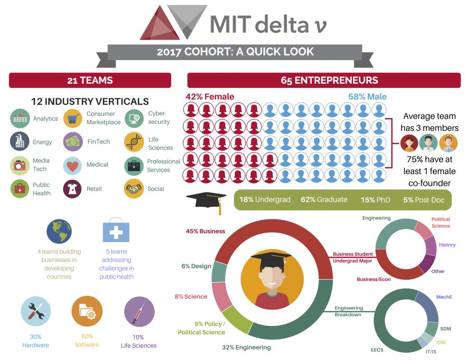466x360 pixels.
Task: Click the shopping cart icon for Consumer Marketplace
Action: (x=73, y=118)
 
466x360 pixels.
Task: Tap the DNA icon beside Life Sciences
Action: (x=134, y=142)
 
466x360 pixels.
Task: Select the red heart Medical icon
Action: (x=72, y=166)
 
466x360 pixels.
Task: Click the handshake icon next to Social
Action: (x=134, y=188)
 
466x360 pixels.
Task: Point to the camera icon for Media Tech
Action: (x=20, y=165)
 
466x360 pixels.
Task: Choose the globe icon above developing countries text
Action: (x=59, y=231)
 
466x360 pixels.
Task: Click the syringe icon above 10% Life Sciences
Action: (x=139, y=312)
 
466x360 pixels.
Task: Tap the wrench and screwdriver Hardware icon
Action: (x=35, y=311)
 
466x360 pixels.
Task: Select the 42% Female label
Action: (x=210, y=96)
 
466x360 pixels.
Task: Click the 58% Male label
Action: (x=367, y=96)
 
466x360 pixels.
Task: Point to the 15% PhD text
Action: (x=375, y=200)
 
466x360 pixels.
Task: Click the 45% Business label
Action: (x=206, y=231)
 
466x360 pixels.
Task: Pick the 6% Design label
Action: (x=196, y=266)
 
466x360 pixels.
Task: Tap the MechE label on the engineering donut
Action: (x=444, y=297)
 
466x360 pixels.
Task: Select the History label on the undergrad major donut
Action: (x=447, y=245)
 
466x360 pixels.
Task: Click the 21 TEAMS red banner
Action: (x=90, y=80)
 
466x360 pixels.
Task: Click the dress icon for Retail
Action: (x=72, y=189)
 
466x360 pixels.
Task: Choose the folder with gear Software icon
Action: (x=87, y=311)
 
